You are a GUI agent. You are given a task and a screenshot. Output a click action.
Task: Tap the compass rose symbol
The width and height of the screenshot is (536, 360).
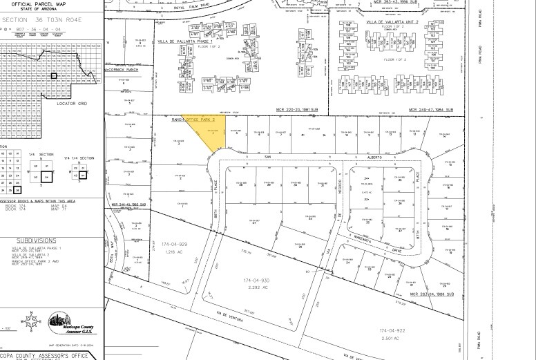30,321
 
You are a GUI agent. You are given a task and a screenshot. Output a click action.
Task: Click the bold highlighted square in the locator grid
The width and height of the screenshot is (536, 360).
54,76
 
